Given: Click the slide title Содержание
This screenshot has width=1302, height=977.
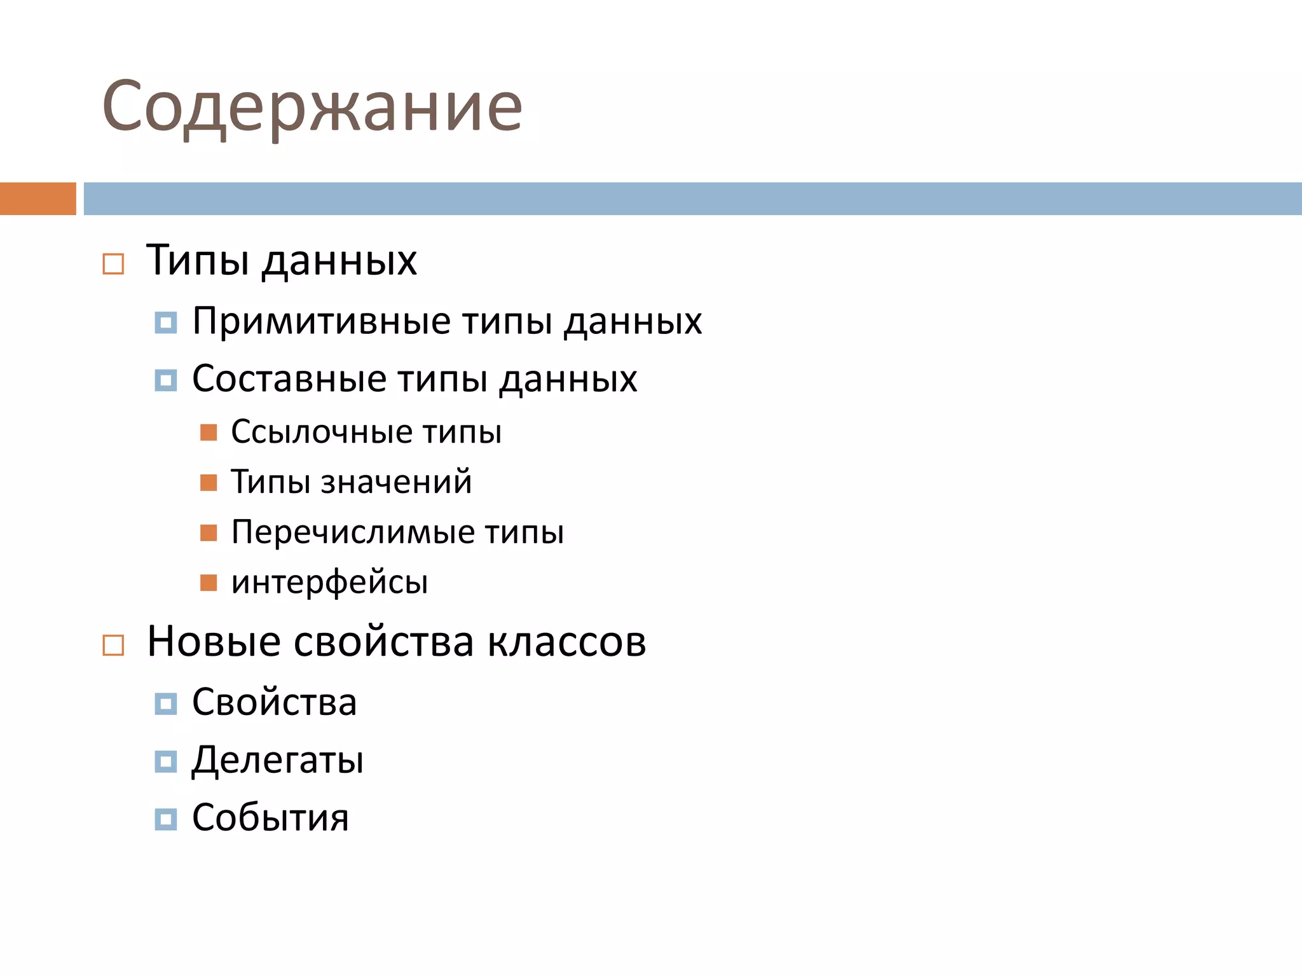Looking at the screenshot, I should coord(312,107).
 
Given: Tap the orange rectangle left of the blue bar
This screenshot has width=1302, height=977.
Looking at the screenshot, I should coord(38,198).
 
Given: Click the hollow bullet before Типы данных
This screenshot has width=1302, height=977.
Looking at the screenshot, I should coord(113,263).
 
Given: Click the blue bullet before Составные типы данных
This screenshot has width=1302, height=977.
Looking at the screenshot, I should coord(166,380).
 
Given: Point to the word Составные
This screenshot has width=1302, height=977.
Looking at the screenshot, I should coord(289,379).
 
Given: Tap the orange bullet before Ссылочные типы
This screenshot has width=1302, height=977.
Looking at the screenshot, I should coord(209,433).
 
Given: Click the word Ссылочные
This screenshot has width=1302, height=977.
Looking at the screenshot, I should coord(322,432).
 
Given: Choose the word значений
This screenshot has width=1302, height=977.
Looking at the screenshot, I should coord(396,482).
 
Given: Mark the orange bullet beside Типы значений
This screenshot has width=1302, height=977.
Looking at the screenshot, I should coord(209,482).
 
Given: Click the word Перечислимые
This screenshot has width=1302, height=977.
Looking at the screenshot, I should coord(353,532).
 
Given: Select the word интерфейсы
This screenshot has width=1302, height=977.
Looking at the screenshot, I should coord(329,582).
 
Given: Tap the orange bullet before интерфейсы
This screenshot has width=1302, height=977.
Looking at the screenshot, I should coord(209,583).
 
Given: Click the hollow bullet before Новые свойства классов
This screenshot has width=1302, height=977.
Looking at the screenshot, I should coord(113,645).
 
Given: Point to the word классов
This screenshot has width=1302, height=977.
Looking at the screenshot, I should coord(566,641).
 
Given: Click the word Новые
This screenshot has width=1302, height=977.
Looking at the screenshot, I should coord(214,641).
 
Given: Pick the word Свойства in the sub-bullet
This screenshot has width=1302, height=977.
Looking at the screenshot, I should coord(275,702).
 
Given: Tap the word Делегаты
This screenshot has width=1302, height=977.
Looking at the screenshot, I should coord(278,760).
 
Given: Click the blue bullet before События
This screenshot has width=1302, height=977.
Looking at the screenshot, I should coord(166,819).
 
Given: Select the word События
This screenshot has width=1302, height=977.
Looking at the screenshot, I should coord(271,818).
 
